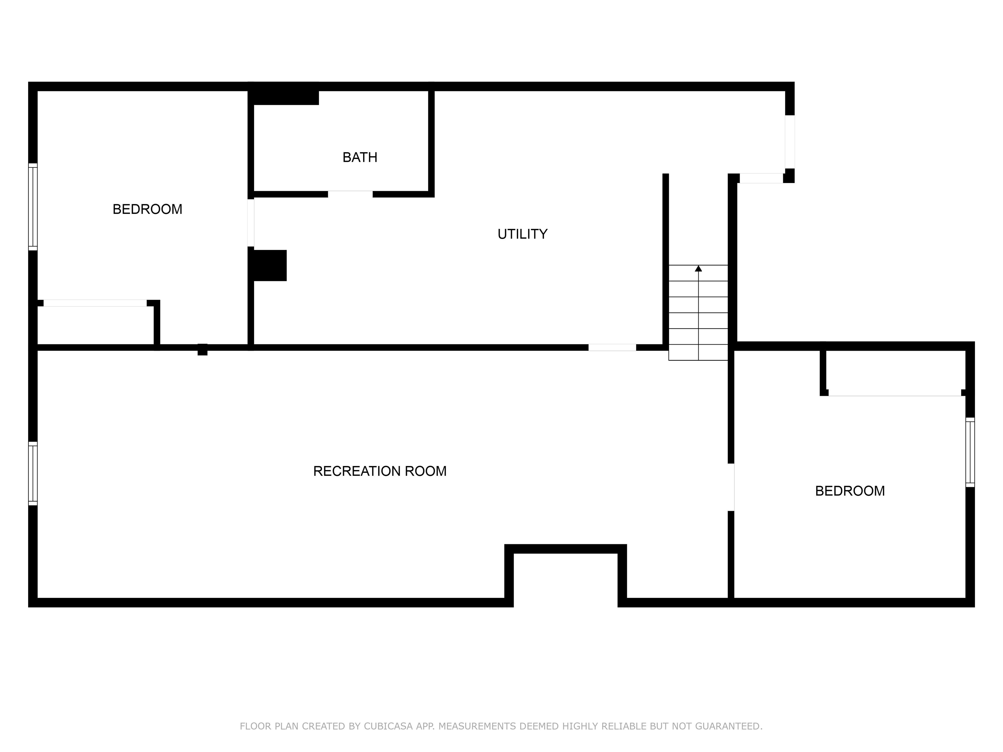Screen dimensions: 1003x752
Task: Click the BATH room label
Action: pyautogui.click(x=359, y=157)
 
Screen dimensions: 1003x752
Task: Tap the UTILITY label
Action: pyautogui.click(x=522, y=234)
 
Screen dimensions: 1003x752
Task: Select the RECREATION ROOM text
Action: pyautogui.click(x=379, y=471)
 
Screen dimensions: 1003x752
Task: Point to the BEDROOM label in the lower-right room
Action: pyautogui.click(x=850, y=491)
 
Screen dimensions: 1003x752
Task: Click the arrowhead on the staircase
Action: pyautogui.click(x=698, y=268)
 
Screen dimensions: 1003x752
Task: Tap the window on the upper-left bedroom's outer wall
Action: pyautogui.click(x=33, y=207)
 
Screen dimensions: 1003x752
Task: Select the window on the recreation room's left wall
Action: pyautogui.click(x=33, y=473)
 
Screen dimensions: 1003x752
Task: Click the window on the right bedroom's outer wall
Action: pyautogui.click(x=970, y=452)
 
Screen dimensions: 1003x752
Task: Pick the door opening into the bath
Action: pyautogui.click(x=350, y=194)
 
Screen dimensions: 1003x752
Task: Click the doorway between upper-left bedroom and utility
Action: pyautogui.click(x=251, y=223)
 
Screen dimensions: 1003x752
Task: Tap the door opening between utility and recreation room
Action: pyautogui.click(x=612, y=348)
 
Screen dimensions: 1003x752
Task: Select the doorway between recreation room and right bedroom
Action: pyautogui.click(x=731, y=487)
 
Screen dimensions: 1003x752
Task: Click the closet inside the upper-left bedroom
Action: pyautogui.click(x=95, y=324)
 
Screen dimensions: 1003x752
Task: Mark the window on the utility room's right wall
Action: pyautogui.click(x=790, y=142)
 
